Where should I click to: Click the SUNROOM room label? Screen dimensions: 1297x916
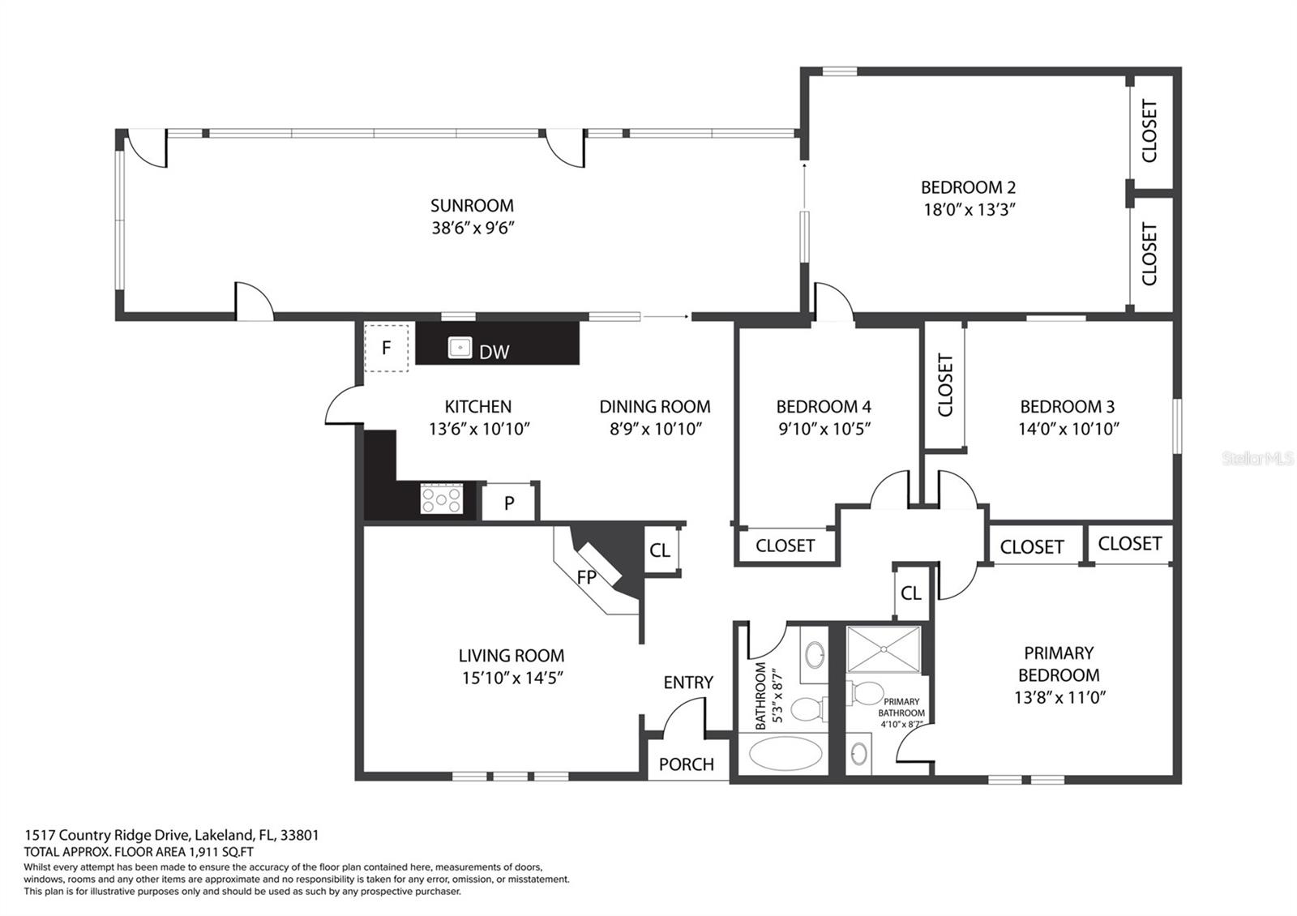pyautogui.click(x=472, y=206)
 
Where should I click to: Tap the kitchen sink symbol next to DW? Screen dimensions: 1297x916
pyautogui.click(x=460, y=348)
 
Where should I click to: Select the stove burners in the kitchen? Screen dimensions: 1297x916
pyautogui.click(x=442, y=498)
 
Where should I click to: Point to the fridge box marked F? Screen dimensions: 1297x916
pyautogui.click(x=386, y=348)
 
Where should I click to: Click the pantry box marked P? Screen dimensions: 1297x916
pyautogui.click(x=509, y=503)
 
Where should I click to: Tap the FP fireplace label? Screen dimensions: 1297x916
pyautogui.click(x=587, y=577)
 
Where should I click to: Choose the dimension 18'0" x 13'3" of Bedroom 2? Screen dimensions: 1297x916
pyautogui.click(x=970, y=210)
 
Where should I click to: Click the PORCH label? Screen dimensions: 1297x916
pyautogui.click(x=686, y=764)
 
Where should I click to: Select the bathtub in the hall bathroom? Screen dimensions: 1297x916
pyautogui.click(x=785, y=753)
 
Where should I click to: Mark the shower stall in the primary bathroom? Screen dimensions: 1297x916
pyautogui.click(x=884, y=649)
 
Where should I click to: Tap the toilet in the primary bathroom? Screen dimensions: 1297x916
pyautogui.click(x=864, y=693)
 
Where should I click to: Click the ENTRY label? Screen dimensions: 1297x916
pyautogui.click(x=688, y=683)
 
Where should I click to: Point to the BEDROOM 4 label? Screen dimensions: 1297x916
pyautogui.click(x=824, y=407)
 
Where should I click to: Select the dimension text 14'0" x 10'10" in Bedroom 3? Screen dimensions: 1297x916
pyautogui.click(x=1068, y=429)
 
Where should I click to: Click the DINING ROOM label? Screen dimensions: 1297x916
pyautogui.click(x=655, y=407)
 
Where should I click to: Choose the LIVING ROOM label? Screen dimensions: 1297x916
pyautogui.click(x=512, y=656)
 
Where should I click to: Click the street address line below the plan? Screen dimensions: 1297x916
pyautogui.click(x=171, y=835)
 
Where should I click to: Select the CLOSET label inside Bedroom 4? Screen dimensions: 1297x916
pyautogui.click(x=785, y=546)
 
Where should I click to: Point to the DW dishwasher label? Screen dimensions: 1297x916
pyautogui.click(x=494, y=352)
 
